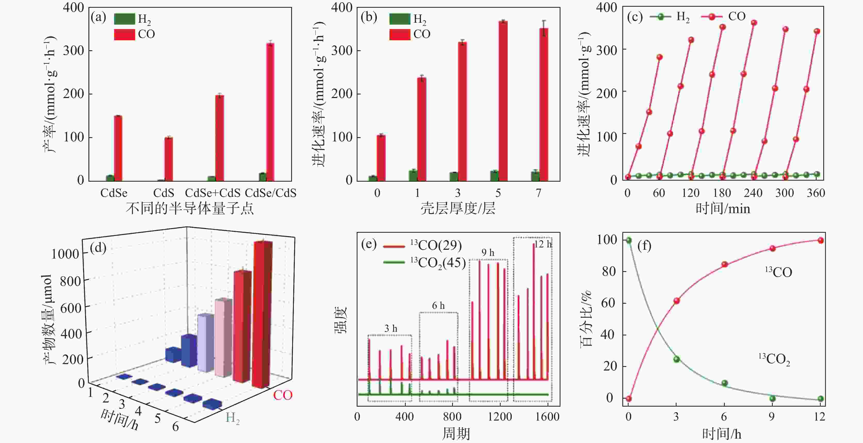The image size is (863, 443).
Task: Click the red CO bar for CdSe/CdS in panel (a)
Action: [x=270, y=112]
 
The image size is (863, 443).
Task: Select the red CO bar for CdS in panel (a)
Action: [x=168, y=159]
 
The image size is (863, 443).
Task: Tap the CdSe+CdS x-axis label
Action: [x=213, y=193]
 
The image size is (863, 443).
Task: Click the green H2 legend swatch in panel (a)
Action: [x=124, y=19]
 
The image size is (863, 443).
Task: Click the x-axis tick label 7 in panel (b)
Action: [x=538, y=193]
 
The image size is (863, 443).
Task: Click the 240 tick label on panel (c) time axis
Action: [x=753, y=193]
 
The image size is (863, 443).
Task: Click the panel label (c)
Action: [x=634, y=17]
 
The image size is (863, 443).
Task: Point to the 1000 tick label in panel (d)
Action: [x=65, y=254]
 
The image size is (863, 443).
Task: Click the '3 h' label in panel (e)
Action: [x=391, y=328]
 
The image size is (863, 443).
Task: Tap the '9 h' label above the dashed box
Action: [x=488, y=252]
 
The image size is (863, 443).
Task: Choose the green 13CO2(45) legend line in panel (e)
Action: [x=394, y=262]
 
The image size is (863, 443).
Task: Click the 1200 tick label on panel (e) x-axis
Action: [x=500, y=416]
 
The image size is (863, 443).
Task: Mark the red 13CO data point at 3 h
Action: [x=677, y=301]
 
